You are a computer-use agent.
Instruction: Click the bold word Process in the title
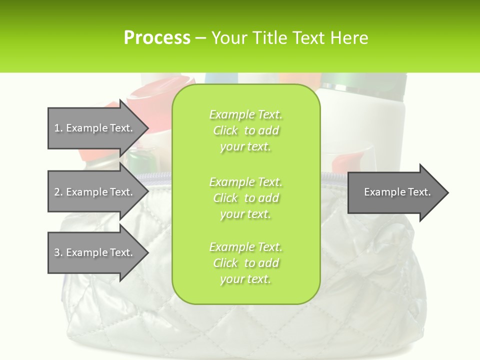point(157,38)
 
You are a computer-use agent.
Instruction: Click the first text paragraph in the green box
point(245,130)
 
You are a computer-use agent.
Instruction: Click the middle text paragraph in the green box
point(245,198)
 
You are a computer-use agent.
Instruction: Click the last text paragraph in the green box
point(245,263)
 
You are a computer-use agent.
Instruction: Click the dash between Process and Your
point(200,38)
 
